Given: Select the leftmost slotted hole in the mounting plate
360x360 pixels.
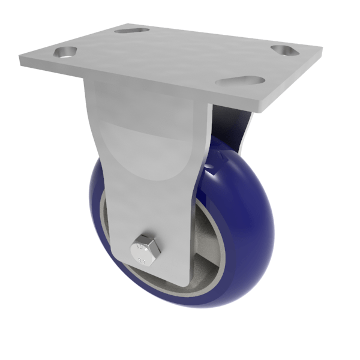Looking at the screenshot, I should pos(65,52).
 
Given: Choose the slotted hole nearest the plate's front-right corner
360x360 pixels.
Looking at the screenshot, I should pos(241,80).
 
